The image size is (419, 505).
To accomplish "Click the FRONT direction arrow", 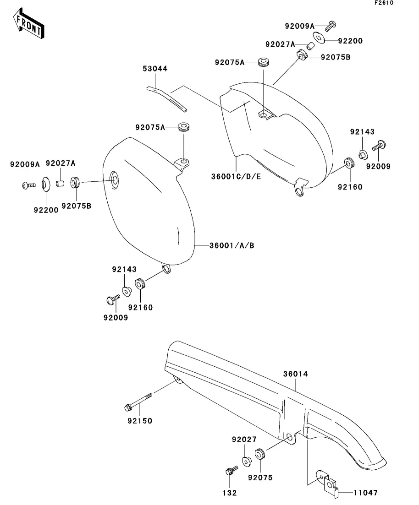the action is point(28,23).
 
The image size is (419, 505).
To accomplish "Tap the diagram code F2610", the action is point(384,3).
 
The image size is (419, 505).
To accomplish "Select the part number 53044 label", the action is point(155,69).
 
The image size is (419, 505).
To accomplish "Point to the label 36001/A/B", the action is point(232,245).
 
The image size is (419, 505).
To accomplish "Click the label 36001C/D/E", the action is point(236,176).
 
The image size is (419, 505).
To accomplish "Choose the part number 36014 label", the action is point(296,374).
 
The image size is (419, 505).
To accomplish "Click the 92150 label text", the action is point(140,421).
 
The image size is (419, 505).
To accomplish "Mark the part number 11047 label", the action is point(365,493).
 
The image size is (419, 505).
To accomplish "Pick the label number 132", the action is point(229,493).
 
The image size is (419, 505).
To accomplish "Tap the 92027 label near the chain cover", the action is point(244,439).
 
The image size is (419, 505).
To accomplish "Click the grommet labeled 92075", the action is point(260,454).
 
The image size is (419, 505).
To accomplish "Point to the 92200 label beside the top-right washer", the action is point(350,41).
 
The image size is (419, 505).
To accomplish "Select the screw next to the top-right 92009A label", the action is point(331,26).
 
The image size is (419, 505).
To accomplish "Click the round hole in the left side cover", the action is point(114,180).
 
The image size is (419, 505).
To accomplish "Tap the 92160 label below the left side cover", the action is point(140,307).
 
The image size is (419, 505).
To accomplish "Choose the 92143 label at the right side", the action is point(362,132).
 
